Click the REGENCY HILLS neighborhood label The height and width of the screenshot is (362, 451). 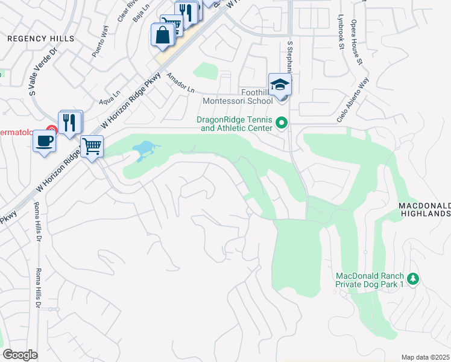(41, 39)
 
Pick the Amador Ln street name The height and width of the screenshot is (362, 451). (180, 83)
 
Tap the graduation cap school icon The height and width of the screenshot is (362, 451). (280, 84)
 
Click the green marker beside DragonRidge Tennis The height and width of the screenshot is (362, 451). (281, 124)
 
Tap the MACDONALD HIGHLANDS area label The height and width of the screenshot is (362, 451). (424, 209)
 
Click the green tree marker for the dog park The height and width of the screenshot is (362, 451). (413, 279)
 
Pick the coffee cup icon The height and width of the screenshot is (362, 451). (46, 141)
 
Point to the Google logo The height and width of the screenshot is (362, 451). (20, 355)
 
